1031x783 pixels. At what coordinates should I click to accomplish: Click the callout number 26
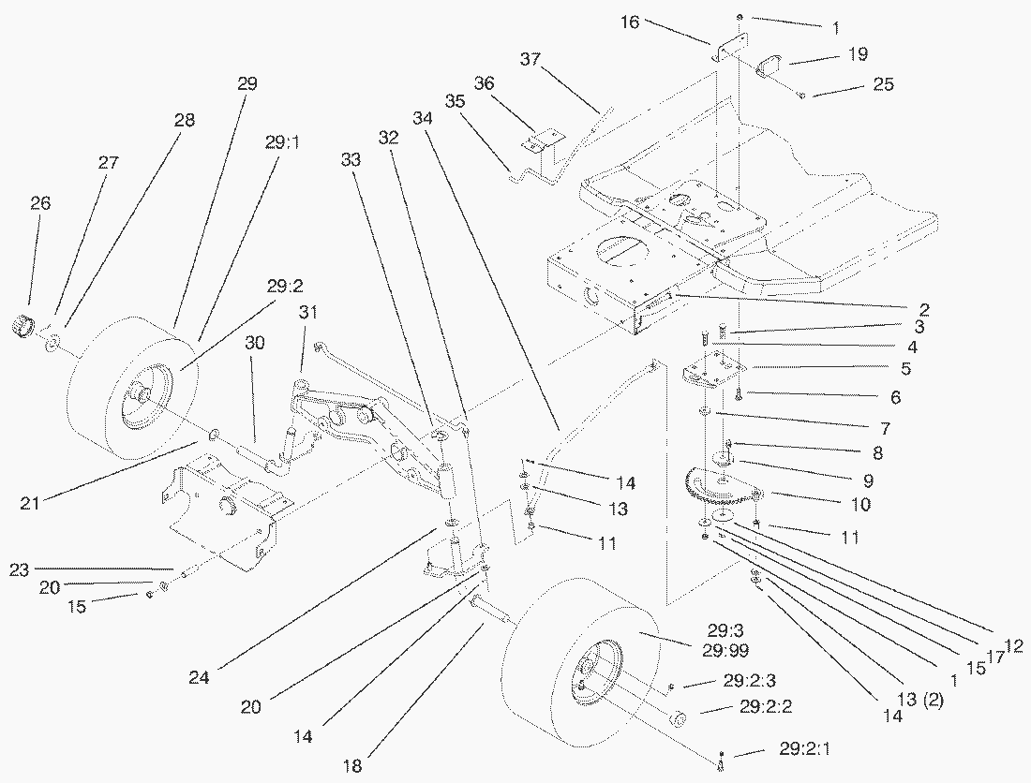tap(40, 203)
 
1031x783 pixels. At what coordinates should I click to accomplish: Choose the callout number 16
tap(630, 21)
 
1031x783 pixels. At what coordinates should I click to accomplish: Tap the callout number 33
tap(351, 160)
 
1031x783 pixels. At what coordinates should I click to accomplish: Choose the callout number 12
tap(1012, 645)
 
